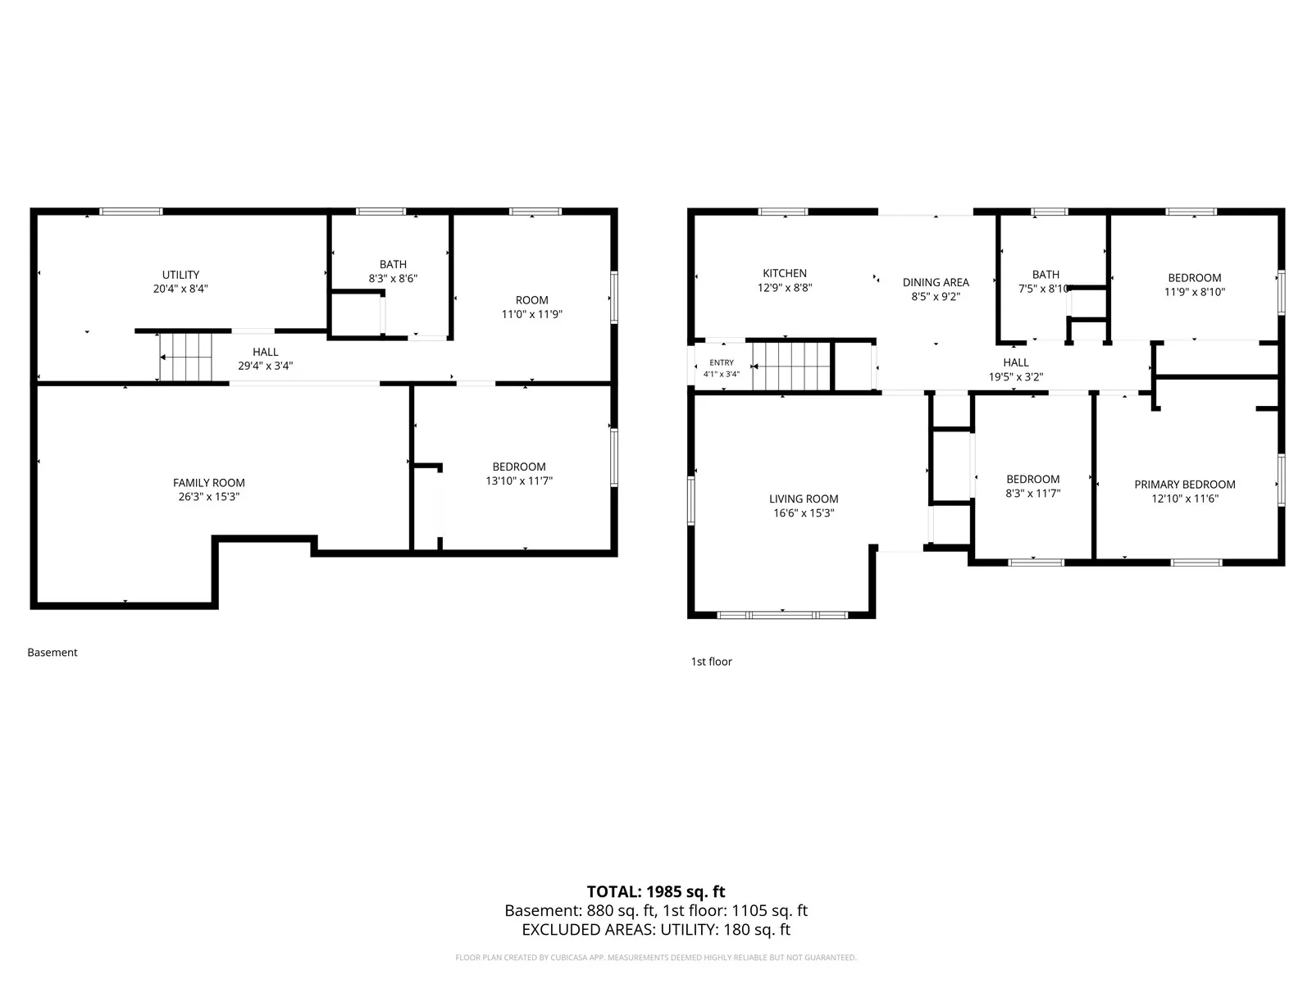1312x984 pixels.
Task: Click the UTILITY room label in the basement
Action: [x=180, y=275]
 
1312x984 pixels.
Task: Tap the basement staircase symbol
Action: [x=185, y=357]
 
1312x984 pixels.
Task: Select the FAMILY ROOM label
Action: [x=208, y=483]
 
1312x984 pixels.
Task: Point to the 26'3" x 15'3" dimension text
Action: [x=208, y=496]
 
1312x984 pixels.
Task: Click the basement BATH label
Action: [x=393, y=264]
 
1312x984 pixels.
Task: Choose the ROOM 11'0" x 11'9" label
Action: [x=531, y=307]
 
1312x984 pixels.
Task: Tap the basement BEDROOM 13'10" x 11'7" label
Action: [x=519, y=474]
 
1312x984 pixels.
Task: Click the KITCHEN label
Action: [x=784, y=273]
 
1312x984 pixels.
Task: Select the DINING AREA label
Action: [x=936, y=283]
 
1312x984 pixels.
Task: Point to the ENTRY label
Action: [x=722, y=362]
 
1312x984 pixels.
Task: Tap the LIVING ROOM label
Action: [x=804, y=499]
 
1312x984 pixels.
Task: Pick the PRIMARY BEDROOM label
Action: [x=1185, y=485]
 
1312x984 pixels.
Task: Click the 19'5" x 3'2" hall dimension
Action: [x=1015, y=377]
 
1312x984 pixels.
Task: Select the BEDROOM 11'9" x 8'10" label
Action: [x=1194, y=285]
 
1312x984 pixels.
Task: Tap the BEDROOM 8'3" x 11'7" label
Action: [x=1033, y=486]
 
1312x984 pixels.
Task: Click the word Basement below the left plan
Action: [x=52, y=653]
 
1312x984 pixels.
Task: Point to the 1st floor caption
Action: [x=711, y=662]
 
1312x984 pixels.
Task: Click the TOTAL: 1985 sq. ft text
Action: [x=656, y=892]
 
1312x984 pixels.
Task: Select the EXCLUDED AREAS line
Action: [x=656, y=930]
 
